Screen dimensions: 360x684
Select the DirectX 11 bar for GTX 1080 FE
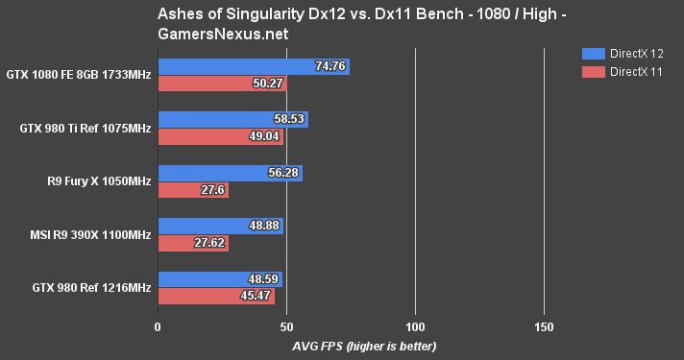pos(221,84)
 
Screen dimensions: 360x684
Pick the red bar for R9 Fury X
pos(192,190)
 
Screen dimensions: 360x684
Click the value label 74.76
pos(330,66)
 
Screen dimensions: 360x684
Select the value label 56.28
pos(283,173)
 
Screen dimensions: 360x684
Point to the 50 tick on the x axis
pos(286,326)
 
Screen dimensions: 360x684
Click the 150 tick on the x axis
pos(544,326)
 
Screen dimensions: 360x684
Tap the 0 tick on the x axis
pos(158,326)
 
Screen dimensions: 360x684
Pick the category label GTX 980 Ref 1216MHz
pos(89,288)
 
